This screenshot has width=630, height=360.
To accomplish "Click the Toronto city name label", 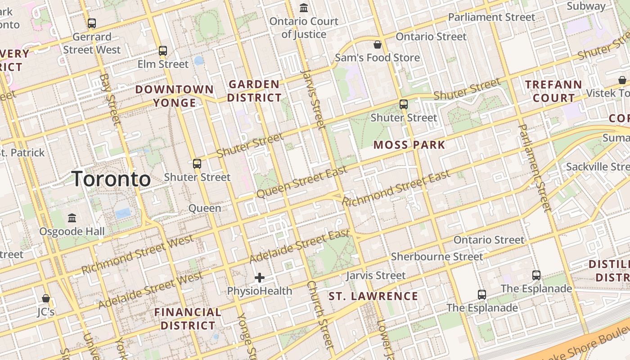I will click(111, 179).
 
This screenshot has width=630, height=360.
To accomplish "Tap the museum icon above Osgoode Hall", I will click(72, 218).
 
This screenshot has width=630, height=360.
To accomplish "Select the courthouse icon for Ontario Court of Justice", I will click(304, 8).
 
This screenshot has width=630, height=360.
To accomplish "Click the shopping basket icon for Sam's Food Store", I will click(378, 45).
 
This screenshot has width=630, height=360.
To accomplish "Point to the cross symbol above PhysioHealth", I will click(260, 278).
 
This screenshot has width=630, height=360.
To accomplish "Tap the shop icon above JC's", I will click(45, 298).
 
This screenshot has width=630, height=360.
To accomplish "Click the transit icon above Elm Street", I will click(163, 51).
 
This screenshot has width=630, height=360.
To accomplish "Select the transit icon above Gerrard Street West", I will click(92, 23).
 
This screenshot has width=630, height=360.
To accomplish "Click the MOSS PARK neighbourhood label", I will click(409, 145).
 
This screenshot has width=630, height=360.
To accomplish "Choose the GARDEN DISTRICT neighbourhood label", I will click(254, 91).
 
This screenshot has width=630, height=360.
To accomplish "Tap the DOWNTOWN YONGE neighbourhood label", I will click(175, 96).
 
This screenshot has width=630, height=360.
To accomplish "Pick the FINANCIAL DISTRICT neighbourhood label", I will click(188, 319).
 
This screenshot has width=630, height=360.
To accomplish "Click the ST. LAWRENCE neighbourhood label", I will click(373, 296).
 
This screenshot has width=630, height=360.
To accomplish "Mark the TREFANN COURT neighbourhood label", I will click(553, 91).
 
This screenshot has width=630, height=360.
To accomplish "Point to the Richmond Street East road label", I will click(396, 188).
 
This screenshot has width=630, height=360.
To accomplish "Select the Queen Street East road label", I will click(302, 182).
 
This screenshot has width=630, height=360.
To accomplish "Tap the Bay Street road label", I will click(110, 99).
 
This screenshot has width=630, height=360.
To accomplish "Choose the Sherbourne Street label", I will click(436, 256).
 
